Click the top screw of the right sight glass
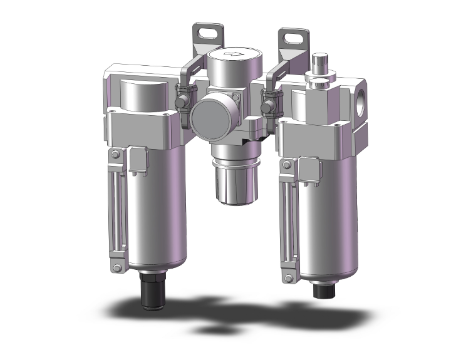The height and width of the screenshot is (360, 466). click(x=287, y=165)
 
